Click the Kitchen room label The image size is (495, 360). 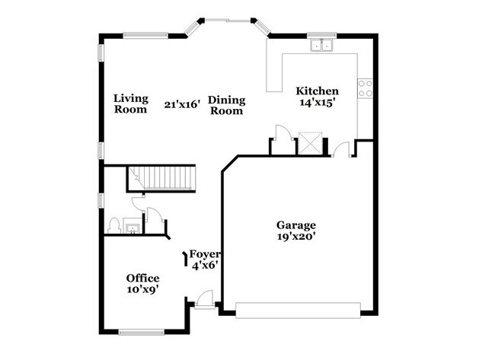point(317,91)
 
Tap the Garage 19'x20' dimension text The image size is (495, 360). point(296,237)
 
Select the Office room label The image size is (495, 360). point(142,279)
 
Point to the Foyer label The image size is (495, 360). point(204,254)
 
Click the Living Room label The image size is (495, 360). point(131,104)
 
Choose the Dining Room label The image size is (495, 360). point(227,105)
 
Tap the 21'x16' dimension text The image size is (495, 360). point(182,104)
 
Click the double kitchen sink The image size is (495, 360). point(321,45)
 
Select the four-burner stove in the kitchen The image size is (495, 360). point(365,88)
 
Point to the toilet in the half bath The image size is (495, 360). point(113,225)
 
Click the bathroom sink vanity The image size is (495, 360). point(133,226)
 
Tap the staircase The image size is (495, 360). point(161,178)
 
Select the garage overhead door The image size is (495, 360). point(298,311)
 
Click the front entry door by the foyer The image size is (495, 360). point(204,299)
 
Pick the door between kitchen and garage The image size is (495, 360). point(341,149)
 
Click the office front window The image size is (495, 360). point(142,332)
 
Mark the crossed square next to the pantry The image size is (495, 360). point(310,143)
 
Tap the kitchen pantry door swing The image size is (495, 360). point(284,132)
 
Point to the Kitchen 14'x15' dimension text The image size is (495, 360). point(317,103)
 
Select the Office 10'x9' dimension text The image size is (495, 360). point(142,289)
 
